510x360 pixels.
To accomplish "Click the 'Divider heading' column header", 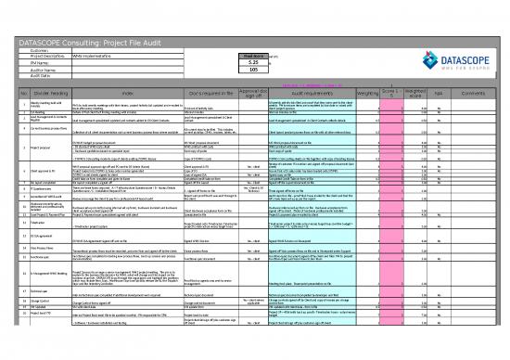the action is pyautogui.click(x=46, y=93).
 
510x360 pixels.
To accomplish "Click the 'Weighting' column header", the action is pyautogui.click(x=363, y=93).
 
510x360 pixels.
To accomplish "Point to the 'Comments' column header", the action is pyautogui.click(x=470, y=93).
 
